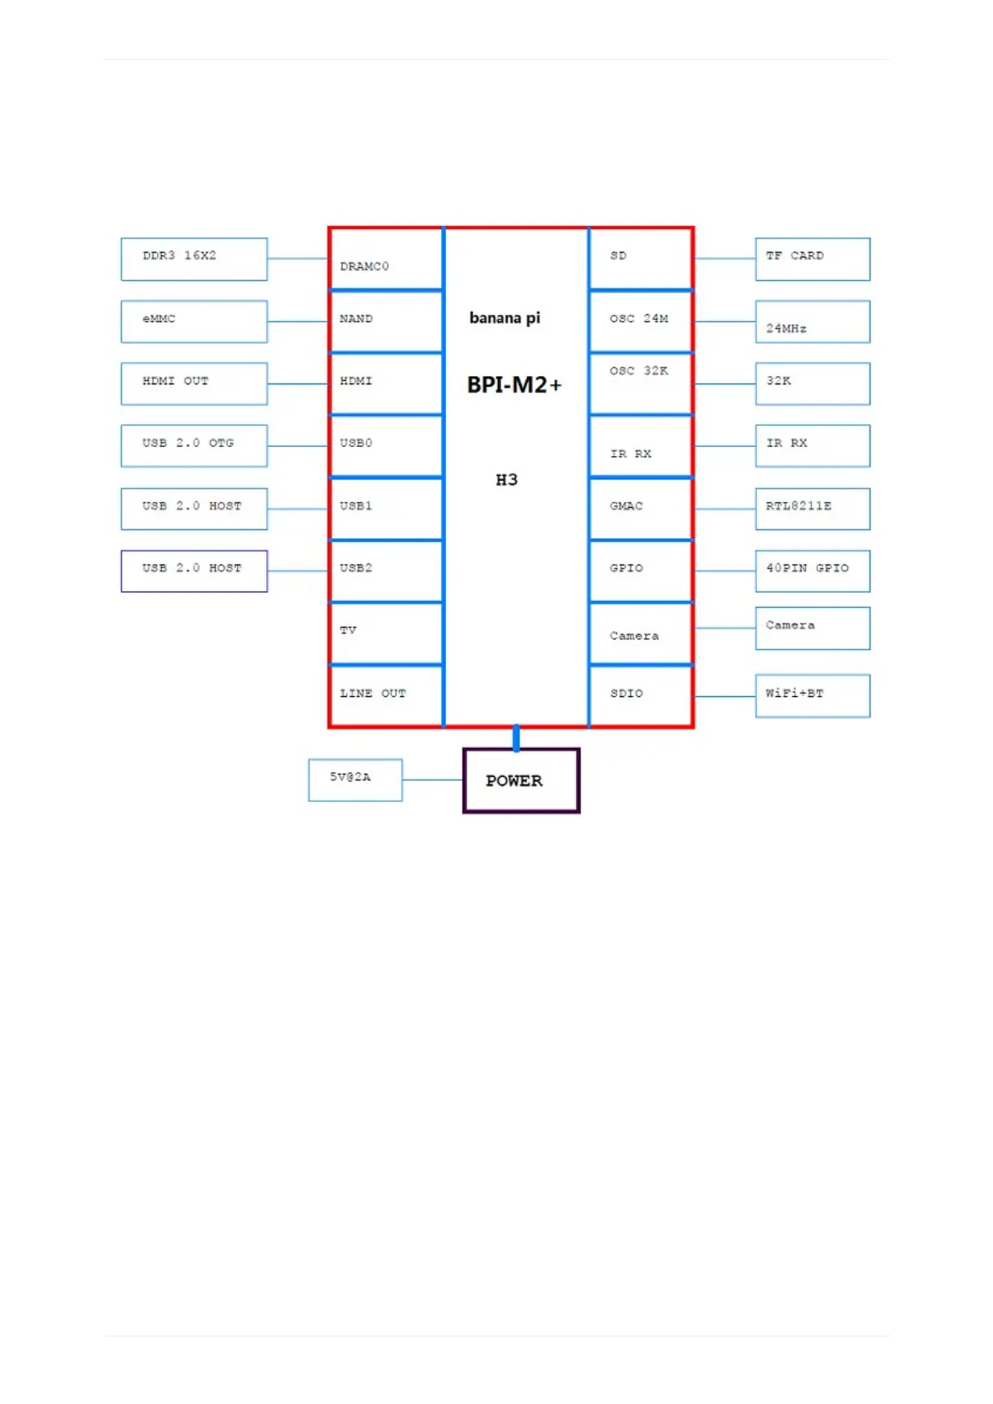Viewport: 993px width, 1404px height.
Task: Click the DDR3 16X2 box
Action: (193, 259)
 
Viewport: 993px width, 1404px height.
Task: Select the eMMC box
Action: (193, 322)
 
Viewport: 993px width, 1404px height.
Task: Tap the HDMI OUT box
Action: (193, 384)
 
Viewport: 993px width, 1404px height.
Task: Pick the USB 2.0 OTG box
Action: (193, 446)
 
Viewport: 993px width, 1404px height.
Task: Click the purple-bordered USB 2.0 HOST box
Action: (193, 571)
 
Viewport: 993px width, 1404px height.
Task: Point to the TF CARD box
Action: (812, 259)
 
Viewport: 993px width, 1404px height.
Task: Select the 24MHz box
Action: (812, 322)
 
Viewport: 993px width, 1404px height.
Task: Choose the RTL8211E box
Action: (812, 509)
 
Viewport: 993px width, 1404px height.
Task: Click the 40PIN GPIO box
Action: (812, 571)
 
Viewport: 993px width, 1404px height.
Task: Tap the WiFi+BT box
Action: (812, 695)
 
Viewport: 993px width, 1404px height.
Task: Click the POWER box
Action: (521, 780)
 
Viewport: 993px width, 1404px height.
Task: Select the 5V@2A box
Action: (355, 780)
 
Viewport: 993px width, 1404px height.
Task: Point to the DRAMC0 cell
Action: (385, 259)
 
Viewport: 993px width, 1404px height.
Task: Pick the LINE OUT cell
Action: (385, 695)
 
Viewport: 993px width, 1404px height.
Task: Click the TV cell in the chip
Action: (385, 633)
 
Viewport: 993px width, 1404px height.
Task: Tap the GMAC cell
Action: (640, 509)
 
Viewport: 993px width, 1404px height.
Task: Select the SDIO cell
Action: (640, 695)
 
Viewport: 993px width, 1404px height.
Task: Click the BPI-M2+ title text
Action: (514, 385)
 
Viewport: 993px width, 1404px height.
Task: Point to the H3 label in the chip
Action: (506, 479)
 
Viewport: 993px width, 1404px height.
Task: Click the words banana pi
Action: (504, 318)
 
